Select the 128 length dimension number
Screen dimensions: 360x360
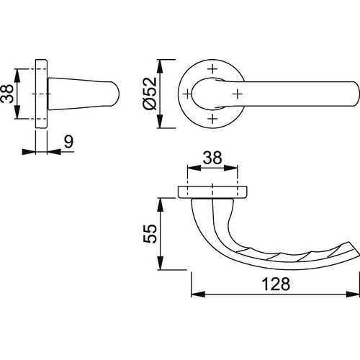click(x=276, y=284)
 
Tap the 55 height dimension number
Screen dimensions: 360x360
click(x=150, y=233)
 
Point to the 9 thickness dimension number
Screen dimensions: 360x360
click(x=68, y=142)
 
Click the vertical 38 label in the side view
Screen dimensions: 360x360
click(x=7, y=94)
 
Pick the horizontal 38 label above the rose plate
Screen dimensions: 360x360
click(x=212, y=158)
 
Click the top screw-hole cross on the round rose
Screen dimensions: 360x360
click(x=212, y=69)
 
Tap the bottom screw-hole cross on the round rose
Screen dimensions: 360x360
click(x=212, y=119)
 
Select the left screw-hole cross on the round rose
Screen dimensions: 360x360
click(x=187, y=94)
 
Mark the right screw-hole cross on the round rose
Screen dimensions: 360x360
click(x=238, y=94)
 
